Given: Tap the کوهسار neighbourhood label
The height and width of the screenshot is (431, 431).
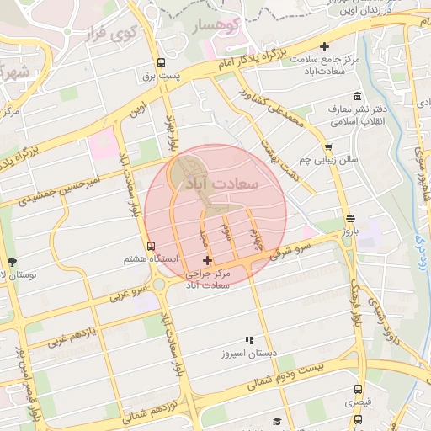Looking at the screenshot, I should (x=218, y=27).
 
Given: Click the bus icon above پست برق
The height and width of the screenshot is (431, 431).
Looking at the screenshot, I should (x=161, y=62).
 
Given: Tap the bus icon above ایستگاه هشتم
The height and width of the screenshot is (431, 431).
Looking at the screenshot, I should (x=151, y=246).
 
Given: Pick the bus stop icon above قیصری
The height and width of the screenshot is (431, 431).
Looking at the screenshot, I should (x=359, y=390).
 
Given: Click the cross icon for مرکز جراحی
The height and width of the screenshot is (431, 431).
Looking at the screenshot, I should (x=207, y=261).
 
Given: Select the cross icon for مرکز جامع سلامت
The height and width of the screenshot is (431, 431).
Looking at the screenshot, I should (x=324, y=47).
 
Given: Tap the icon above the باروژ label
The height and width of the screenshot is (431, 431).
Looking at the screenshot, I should (x=350, y=217).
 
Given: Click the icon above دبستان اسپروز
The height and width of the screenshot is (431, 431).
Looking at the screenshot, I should (x=248, y=340).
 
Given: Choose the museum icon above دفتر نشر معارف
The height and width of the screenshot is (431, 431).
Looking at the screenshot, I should (x=357, y=95).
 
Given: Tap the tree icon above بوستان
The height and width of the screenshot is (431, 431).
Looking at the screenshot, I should (x=12, y=262).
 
